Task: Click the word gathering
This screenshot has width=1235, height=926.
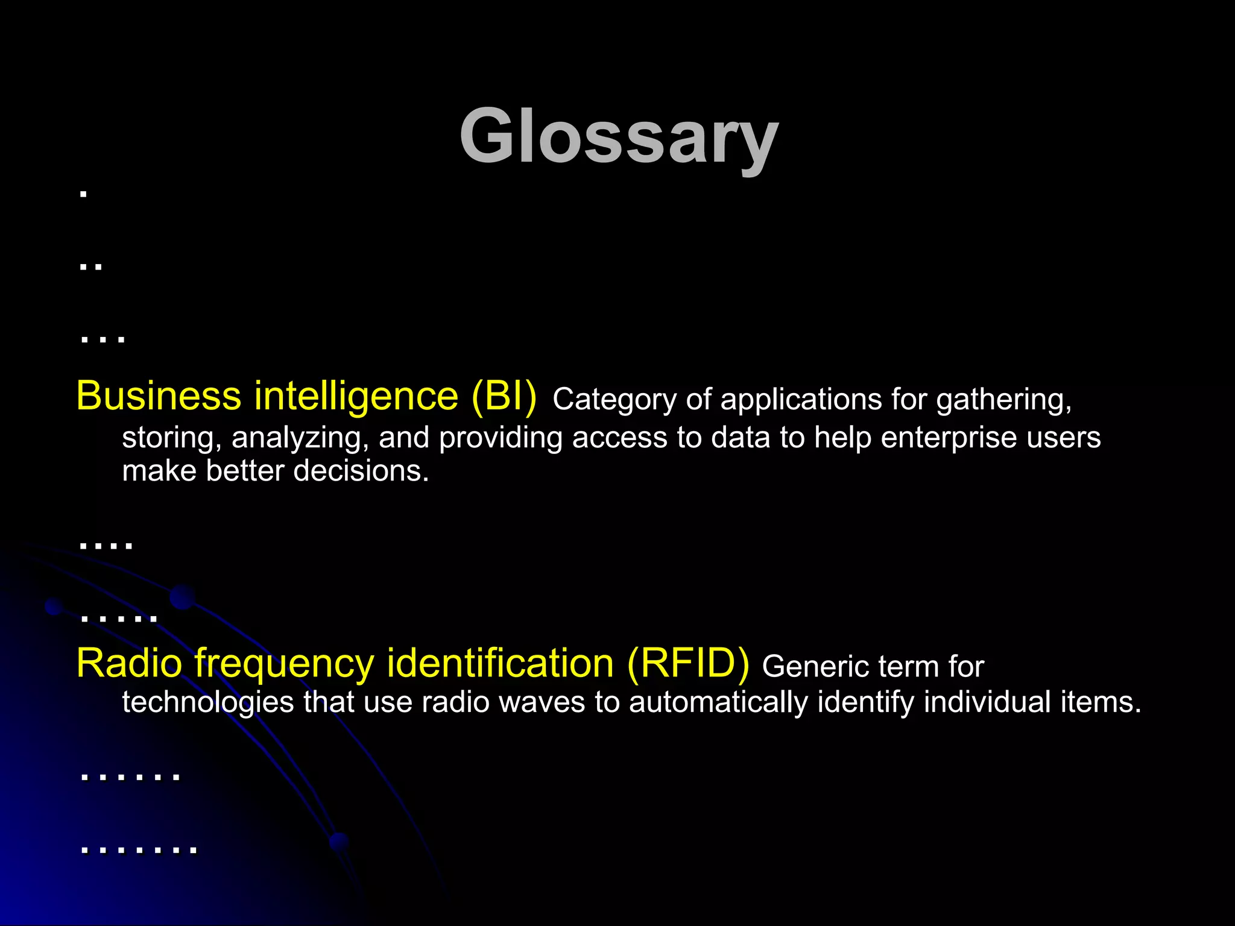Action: pos(1004,400)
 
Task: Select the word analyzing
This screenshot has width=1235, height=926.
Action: pos(300,438)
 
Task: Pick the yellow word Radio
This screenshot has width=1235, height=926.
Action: pos(129,663)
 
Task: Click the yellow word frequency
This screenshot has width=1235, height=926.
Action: pos(284,663)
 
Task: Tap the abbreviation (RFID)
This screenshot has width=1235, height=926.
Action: pos(688,663)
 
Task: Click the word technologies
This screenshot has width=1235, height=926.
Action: pos(208,702)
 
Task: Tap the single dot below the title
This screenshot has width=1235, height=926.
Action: pos(84,194)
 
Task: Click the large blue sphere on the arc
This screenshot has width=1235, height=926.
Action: pos(182,597)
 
